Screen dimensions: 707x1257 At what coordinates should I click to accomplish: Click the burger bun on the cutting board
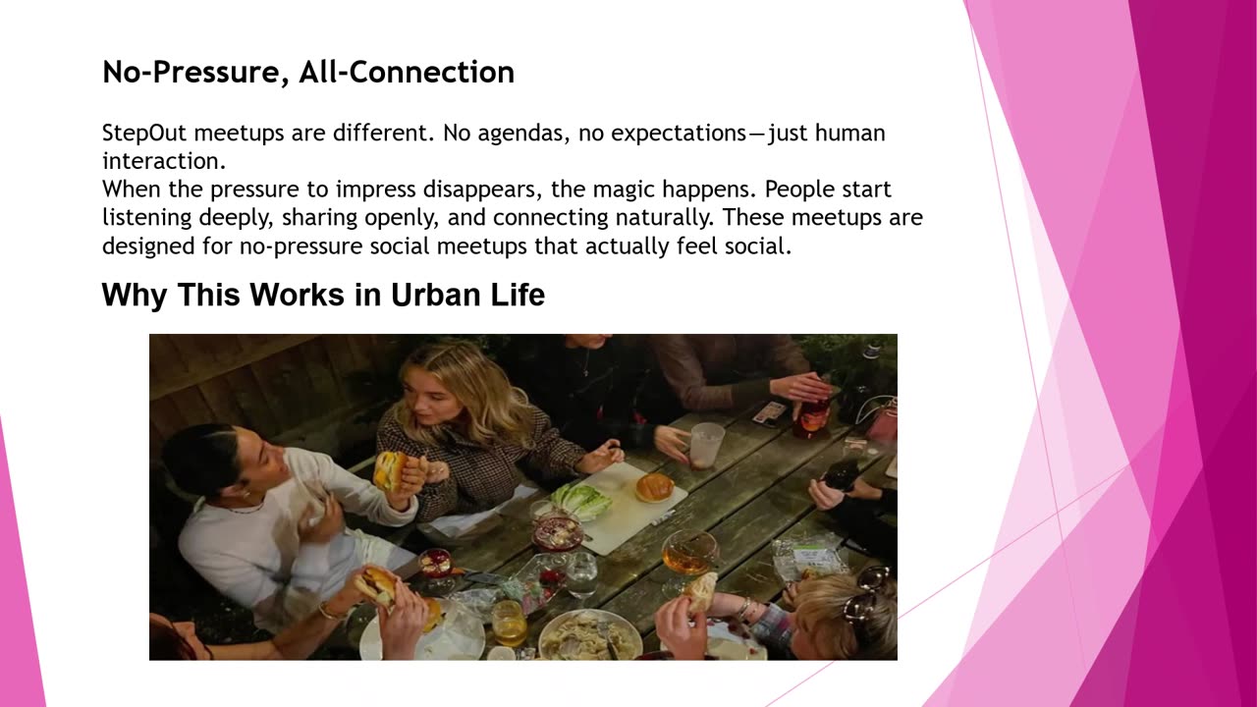pos(654,487)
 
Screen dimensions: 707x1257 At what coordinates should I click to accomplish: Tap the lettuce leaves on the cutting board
pos(581,500)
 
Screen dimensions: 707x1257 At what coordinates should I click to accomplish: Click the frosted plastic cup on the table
pos(706,444)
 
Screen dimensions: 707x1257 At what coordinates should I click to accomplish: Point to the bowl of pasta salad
pos(589,635)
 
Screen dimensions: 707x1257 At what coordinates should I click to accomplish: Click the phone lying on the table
pos(769,411)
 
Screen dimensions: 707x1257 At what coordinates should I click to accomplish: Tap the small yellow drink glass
pos(509,622)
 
